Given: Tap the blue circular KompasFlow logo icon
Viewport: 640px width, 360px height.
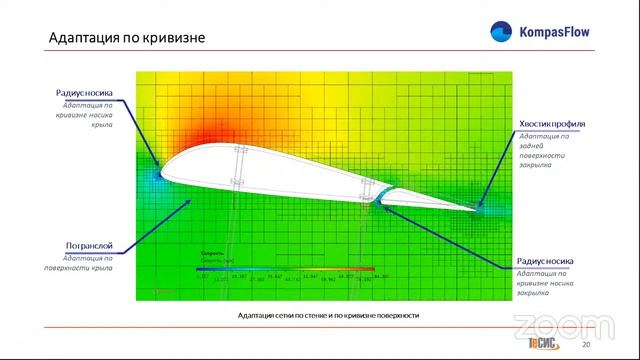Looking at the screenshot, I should pos(499,32).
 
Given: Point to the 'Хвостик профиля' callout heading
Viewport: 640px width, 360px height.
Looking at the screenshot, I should pos(551,124).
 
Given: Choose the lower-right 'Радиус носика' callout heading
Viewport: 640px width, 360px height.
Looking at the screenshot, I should pos(545,261).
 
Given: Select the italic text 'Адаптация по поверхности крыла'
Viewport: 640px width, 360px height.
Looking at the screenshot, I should pos(86,263).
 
